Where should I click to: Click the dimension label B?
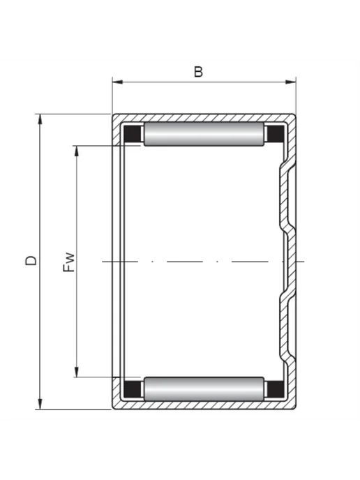pos(198,72)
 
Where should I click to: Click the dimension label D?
pos(31,260)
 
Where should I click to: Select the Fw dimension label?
pos(68,262)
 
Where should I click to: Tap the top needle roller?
pos(204,134)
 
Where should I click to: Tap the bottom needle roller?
pos(204,389)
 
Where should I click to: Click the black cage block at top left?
pos(132,134)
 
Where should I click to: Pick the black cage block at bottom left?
pos(132,389)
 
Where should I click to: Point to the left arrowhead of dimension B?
pos(117,82)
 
